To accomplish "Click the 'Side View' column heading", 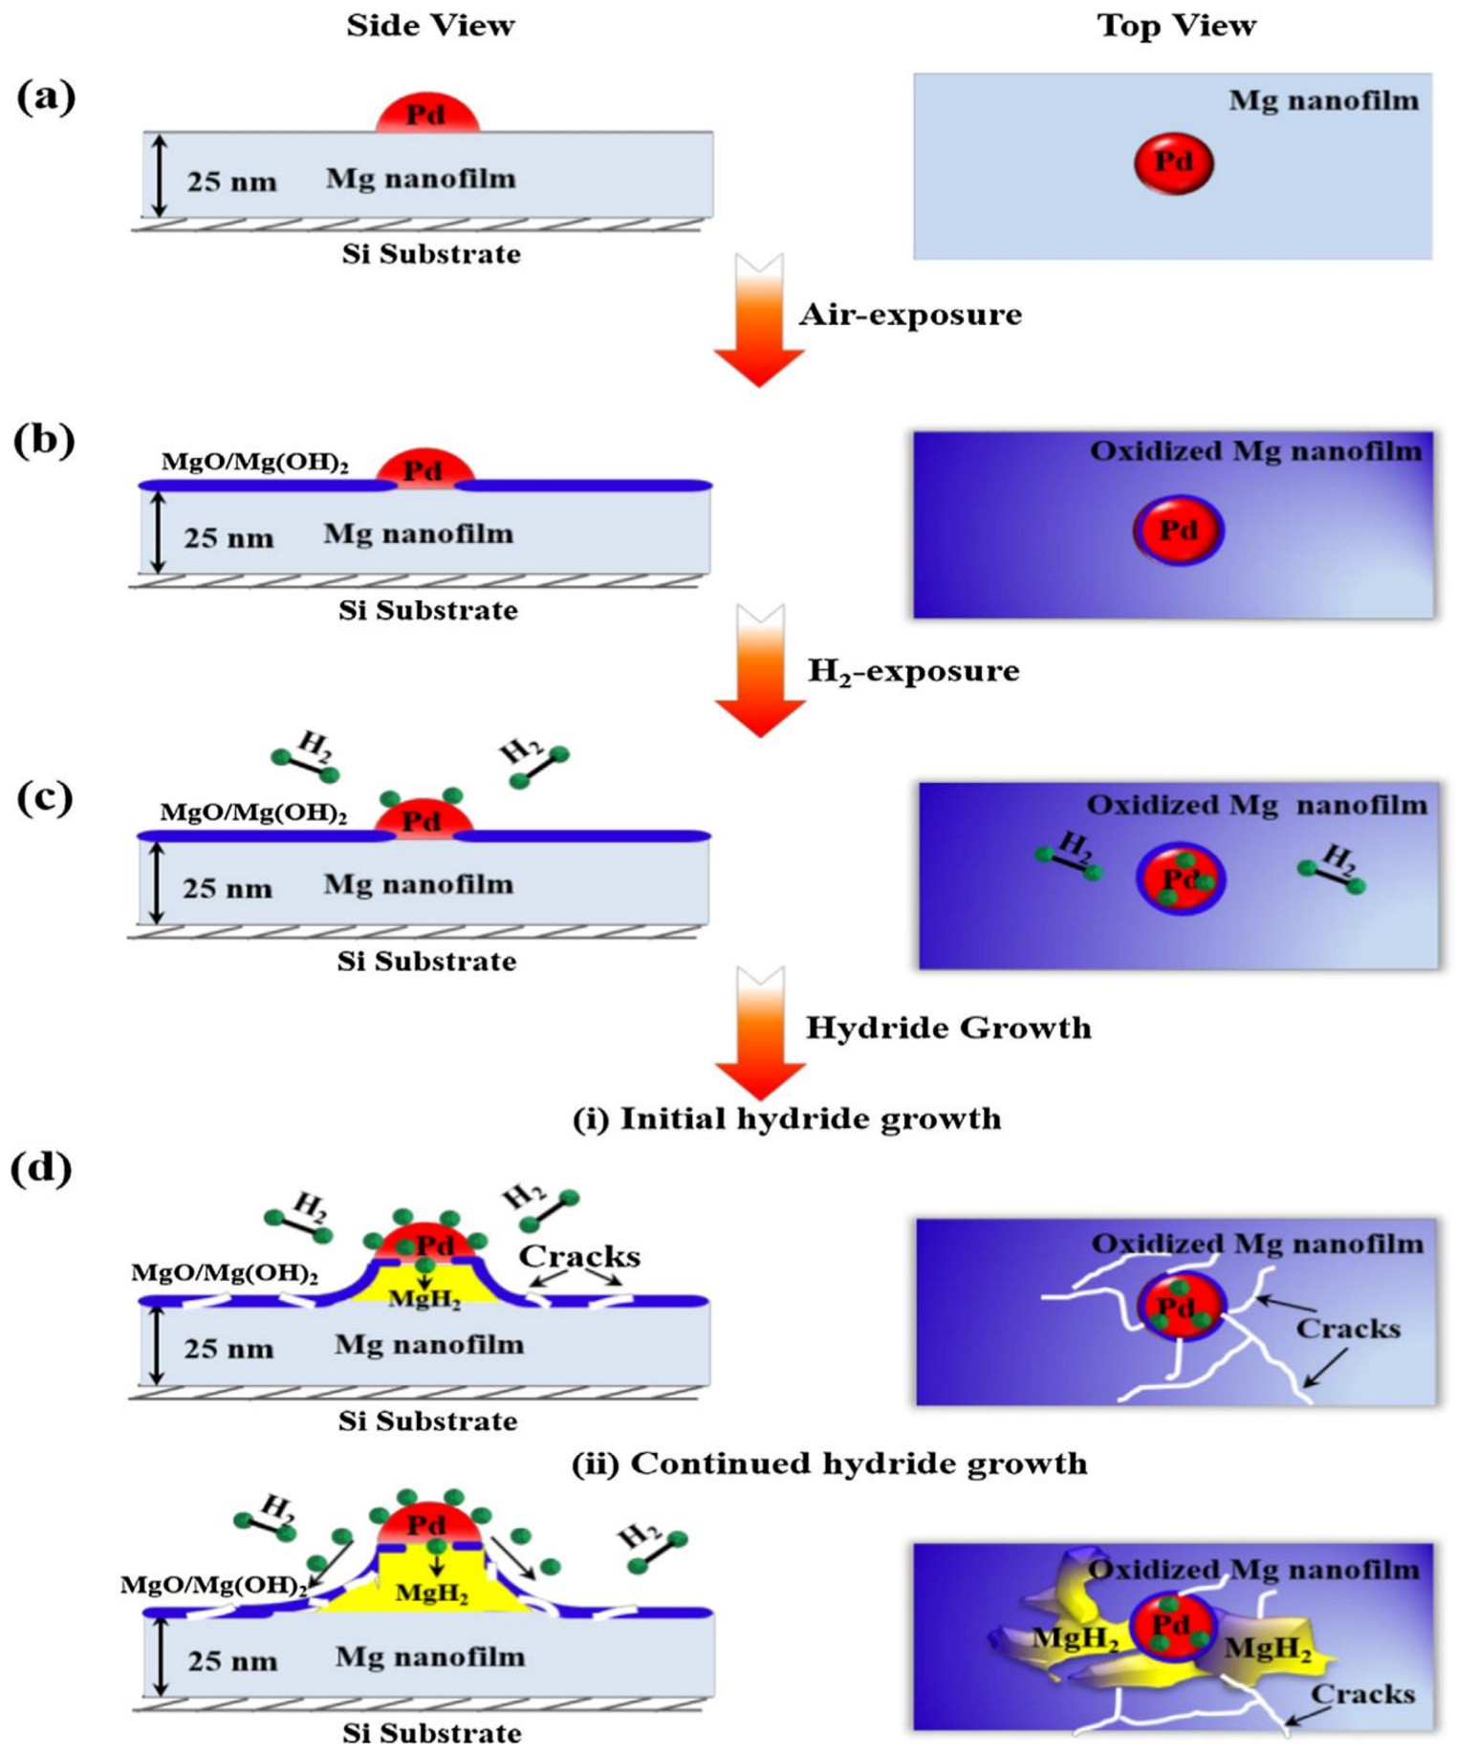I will pos(430,26).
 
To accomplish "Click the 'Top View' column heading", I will pos(1176,26).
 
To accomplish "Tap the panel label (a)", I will pos(45,98).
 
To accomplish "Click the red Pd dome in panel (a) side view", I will pos(426,114).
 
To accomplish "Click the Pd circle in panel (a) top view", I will pos(1174,163).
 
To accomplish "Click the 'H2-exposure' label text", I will pos(913,671).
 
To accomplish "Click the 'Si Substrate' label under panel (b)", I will pos(427,611).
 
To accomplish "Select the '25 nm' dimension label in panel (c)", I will pos(228,889).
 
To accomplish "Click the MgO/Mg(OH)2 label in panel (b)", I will pos(254,463).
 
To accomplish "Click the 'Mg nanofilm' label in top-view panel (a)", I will pos(1323,100).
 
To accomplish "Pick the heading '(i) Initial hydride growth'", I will pos(786,1118).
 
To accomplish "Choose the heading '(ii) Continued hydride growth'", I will pos(829,1463).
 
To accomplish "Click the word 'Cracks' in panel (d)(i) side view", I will pos(579,1256).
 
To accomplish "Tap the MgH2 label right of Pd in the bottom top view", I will pos(1268,1648).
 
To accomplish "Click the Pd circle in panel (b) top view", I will pos(1178,530).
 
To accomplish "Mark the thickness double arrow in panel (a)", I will pos(160,175).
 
